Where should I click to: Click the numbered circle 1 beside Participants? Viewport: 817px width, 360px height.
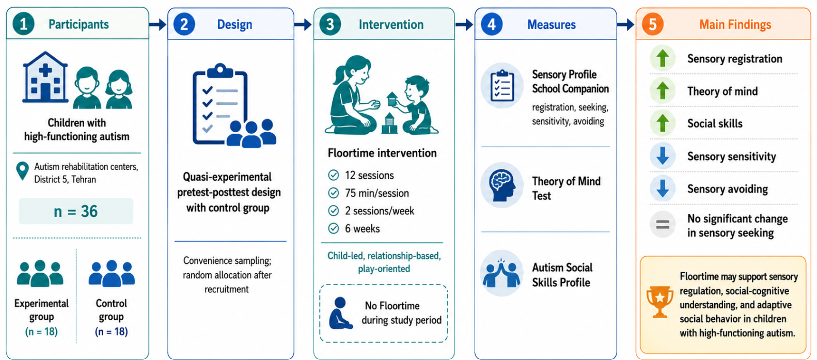[23, 24]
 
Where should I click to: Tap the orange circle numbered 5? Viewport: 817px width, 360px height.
[652, 24]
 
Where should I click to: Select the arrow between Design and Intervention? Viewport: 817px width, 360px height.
[303, 25]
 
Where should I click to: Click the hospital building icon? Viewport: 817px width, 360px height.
[45, 77]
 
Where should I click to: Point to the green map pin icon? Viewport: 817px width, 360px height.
[23, 171]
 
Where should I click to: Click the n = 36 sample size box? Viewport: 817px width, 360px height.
[76, 211]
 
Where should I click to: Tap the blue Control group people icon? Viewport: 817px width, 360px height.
[112, 273]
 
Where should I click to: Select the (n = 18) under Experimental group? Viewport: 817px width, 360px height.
[42, 332]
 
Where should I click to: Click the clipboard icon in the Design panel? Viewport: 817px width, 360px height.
[220, 104]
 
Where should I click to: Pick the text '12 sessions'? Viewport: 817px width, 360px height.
[369, 176]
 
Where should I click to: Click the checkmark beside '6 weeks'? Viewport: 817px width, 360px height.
[334, 229]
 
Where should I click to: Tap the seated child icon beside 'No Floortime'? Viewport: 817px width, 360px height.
[340, 313]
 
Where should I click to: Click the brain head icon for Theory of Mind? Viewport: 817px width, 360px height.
[502, 185]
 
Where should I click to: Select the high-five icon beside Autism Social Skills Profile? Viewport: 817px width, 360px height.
[501, 273]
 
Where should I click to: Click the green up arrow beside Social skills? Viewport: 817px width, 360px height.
[663, 123]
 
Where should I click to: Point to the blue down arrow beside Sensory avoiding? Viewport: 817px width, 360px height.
[663, 189]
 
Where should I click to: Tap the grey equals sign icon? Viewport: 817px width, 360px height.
[663, 224]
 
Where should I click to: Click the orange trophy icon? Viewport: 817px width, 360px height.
[660, 302]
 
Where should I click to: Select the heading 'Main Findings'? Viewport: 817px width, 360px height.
[735, 24]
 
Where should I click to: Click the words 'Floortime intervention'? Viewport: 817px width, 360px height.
[382, 153]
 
